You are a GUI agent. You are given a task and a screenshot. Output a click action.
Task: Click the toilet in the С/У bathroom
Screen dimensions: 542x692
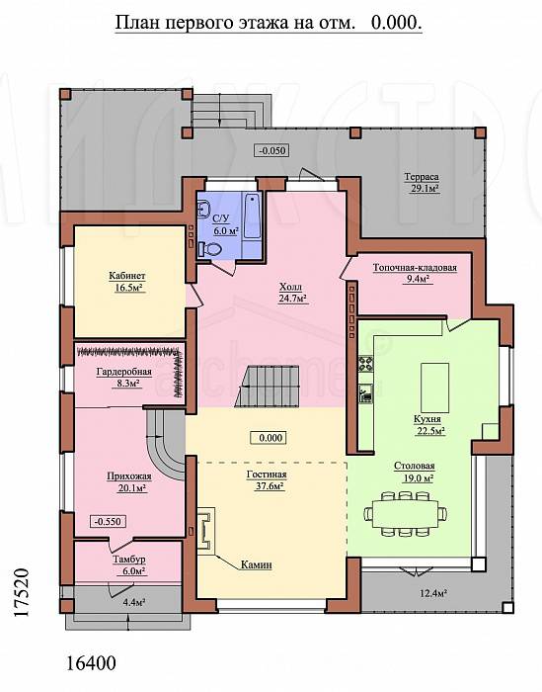209,249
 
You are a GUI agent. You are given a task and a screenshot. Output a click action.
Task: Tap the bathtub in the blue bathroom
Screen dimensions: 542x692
252,216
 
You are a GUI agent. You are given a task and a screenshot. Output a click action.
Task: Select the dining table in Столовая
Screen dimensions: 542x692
406,514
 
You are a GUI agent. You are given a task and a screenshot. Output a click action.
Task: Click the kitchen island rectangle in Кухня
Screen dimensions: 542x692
434,388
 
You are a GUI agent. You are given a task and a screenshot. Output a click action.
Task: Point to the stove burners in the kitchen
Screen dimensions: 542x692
365,364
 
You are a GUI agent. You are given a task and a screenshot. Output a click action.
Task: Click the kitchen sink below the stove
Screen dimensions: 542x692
365,393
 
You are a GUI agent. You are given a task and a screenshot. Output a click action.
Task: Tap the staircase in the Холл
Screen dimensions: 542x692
267,387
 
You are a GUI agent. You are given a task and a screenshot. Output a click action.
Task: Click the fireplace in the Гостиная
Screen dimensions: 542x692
205,530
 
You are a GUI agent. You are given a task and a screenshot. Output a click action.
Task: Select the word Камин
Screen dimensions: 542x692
256,564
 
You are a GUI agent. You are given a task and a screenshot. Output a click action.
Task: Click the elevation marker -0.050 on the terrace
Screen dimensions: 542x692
271,150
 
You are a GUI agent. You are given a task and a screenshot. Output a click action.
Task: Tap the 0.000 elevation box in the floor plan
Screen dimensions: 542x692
268,438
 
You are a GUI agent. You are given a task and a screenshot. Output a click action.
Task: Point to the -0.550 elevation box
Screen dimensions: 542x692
108,521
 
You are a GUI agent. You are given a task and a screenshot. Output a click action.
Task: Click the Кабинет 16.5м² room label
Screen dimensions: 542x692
127,282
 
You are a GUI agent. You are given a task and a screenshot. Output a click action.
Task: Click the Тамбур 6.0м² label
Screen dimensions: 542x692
128,564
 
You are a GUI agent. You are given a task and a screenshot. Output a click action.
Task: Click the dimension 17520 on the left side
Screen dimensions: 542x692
21,593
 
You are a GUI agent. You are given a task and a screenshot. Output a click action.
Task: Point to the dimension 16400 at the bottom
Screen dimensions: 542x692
91,662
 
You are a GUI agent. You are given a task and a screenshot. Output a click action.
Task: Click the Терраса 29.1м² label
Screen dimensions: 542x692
422,183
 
